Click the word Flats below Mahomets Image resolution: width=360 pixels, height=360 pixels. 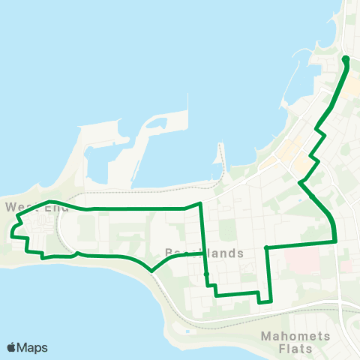pos(295,349)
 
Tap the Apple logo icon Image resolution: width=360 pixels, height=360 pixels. pos(11,347)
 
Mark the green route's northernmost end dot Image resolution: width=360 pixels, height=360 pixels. pos(346,58)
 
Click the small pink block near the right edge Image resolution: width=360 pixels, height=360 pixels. pos(346,265)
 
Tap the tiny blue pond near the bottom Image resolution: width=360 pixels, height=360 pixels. pos(186,331)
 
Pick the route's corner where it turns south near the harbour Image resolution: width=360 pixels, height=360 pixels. pos(200,203)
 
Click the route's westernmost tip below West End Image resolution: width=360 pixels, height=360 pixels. pos(13,235)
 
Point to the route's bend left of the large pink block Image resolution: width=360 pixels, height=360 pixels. pos(267,246)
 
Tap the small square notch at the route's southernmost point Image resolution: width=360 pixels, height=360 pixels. pos(264,301)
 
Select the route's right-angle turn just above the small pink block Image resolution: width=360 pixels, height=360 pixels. pos(334,241)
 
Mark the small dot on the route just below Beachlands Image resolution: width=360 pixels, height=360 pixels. pos(206,274)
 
